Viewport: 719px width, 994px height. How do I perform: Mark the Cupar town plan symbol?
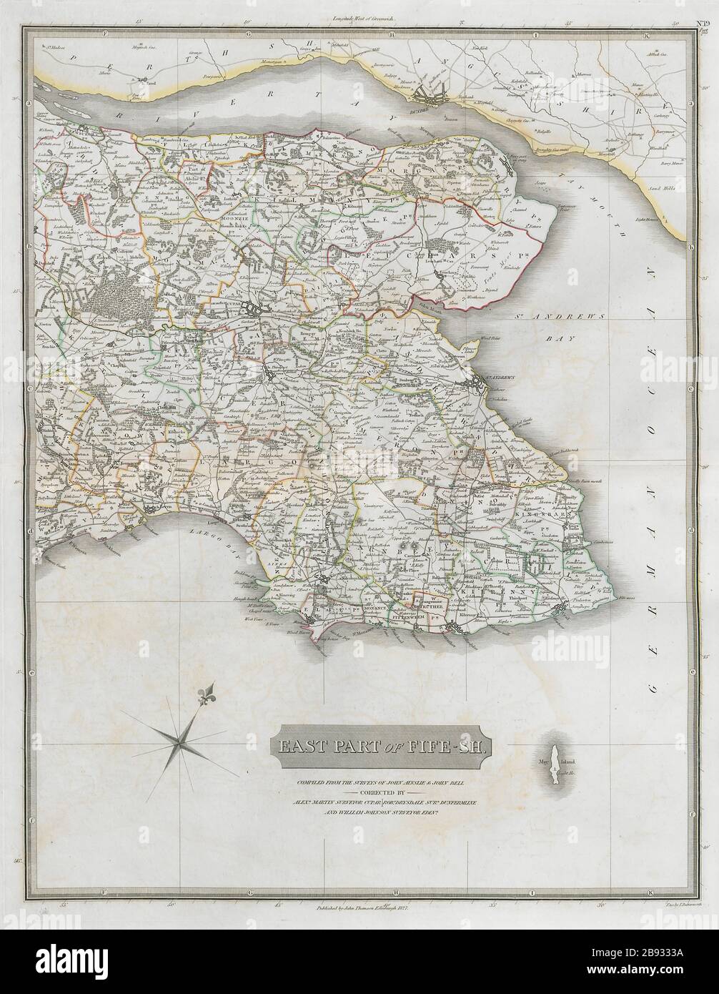pos(254,308)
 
